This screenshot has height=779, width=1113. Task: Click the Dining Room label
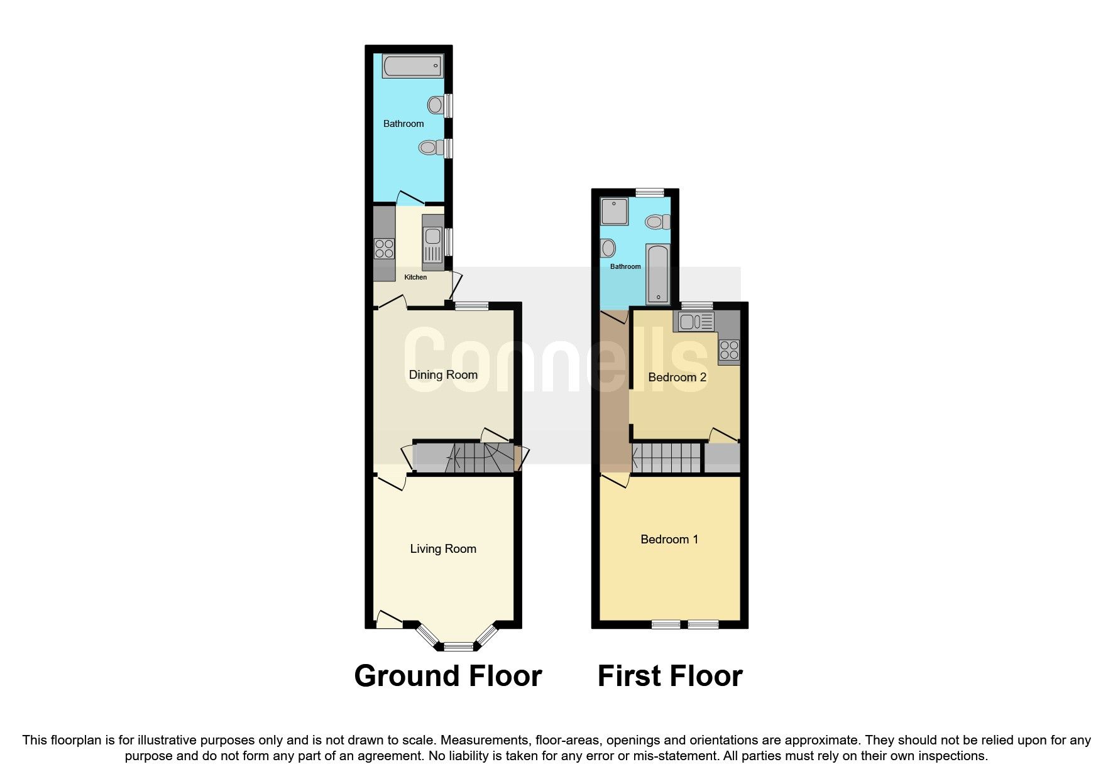(x=443, y=375)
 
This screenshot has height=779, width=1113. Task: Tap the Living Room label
(x=443, y=549)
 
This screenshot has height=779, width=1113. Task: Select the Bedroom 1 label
(x=669, y=540)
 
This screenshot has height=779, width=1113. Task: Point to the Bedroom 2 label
(x=677, y=378)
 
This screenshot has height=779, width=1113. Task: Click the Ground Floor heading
(x=447, y=677)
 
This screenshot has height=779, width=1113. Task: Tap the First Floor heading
(x=670, y=677)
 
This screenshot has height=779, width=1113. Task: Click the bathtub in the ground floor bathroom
(x=412, y=66)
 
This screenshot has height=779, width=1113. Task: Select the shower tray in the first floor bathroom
(x=614, y=212)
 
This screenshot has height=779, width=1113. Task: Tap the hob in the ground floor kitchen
(x=384, y=249)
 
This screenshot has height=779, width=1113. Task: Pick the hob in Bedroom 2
(x=729, y=351)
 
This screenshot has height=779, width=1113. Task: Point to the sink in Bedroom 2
(x=694, y=322)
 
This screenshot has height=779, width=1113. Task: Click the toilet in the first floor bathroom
(x=657, y=222)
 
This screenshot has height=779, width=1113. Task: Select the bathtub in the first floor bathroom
(x=658, y=275)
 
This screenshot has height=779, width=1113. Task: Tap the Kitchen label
(x=415, y=277)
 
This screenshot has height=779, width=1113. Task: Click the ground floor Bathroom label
(x=403, y=124)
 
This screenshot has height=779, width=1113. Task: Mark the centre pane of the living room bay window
(x=459, y=646)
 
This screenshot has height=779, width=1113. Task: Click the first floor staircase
(x=666, y=457)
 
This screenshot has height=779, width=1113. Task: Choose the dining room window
(x=472, y=307)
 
